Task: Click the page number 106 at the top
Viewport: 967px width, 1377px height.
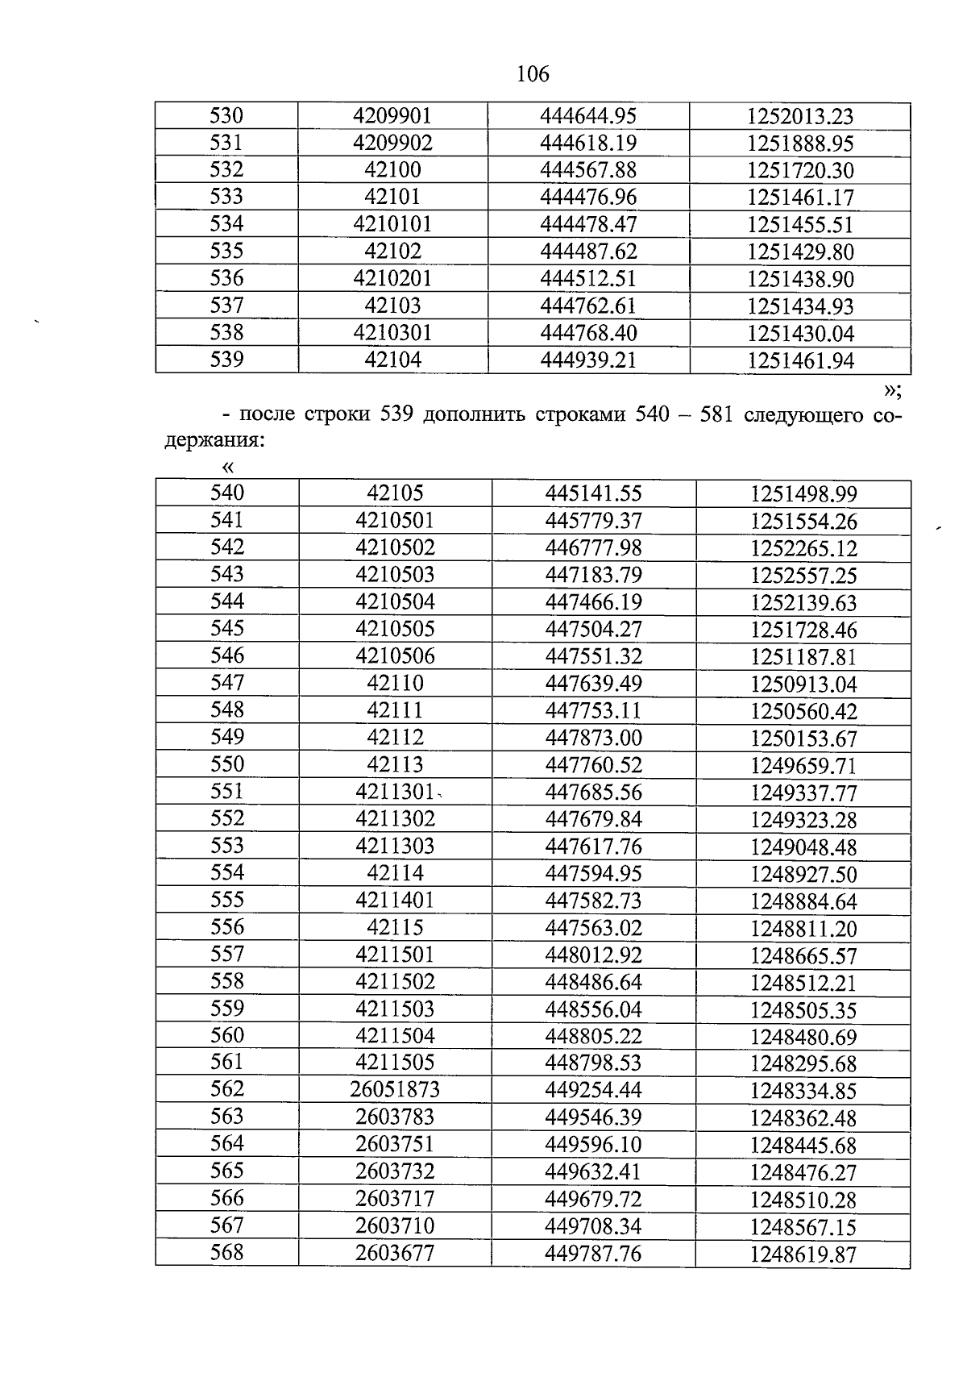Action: click(533, 74)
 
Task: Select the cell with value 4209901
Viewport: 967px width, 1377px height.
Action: click(392, 116)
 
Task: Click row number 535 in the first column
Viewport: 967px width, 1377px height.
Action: click(226, 252)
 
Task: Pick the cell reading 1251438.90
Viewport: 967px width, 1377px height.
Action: click(800, 279)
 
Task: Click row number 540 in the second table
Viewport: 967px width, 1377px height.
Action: click(226, 493)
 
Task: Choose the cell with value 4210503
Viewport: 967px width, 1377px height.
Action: click(395, 575)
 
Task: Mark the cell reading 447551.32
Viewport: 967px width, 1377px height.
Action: click(593, 656)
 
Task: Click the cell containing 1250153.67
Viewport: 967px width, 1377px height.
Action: click(803, 738)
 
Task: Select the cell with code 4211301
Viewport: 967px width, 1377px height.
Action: click(395, 792)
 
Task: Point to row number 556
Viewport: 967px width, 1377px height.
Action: click(226, 928)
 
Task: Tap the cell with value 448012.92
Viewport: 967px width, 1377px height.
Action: click(593, 955)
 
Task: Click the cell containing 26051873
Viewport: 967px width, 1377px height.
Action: click(395, 1091)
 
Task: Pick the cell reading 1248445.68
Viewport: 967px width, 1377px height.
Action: click(803, 1146)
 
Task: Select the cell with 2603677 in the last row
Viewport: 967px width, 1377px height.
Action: click(395, 1254)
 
